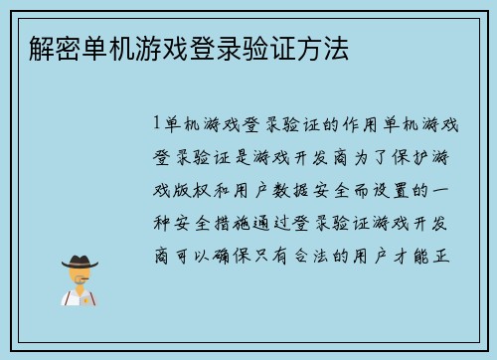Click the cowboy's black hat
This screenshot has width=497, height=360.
coord(80,262)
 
